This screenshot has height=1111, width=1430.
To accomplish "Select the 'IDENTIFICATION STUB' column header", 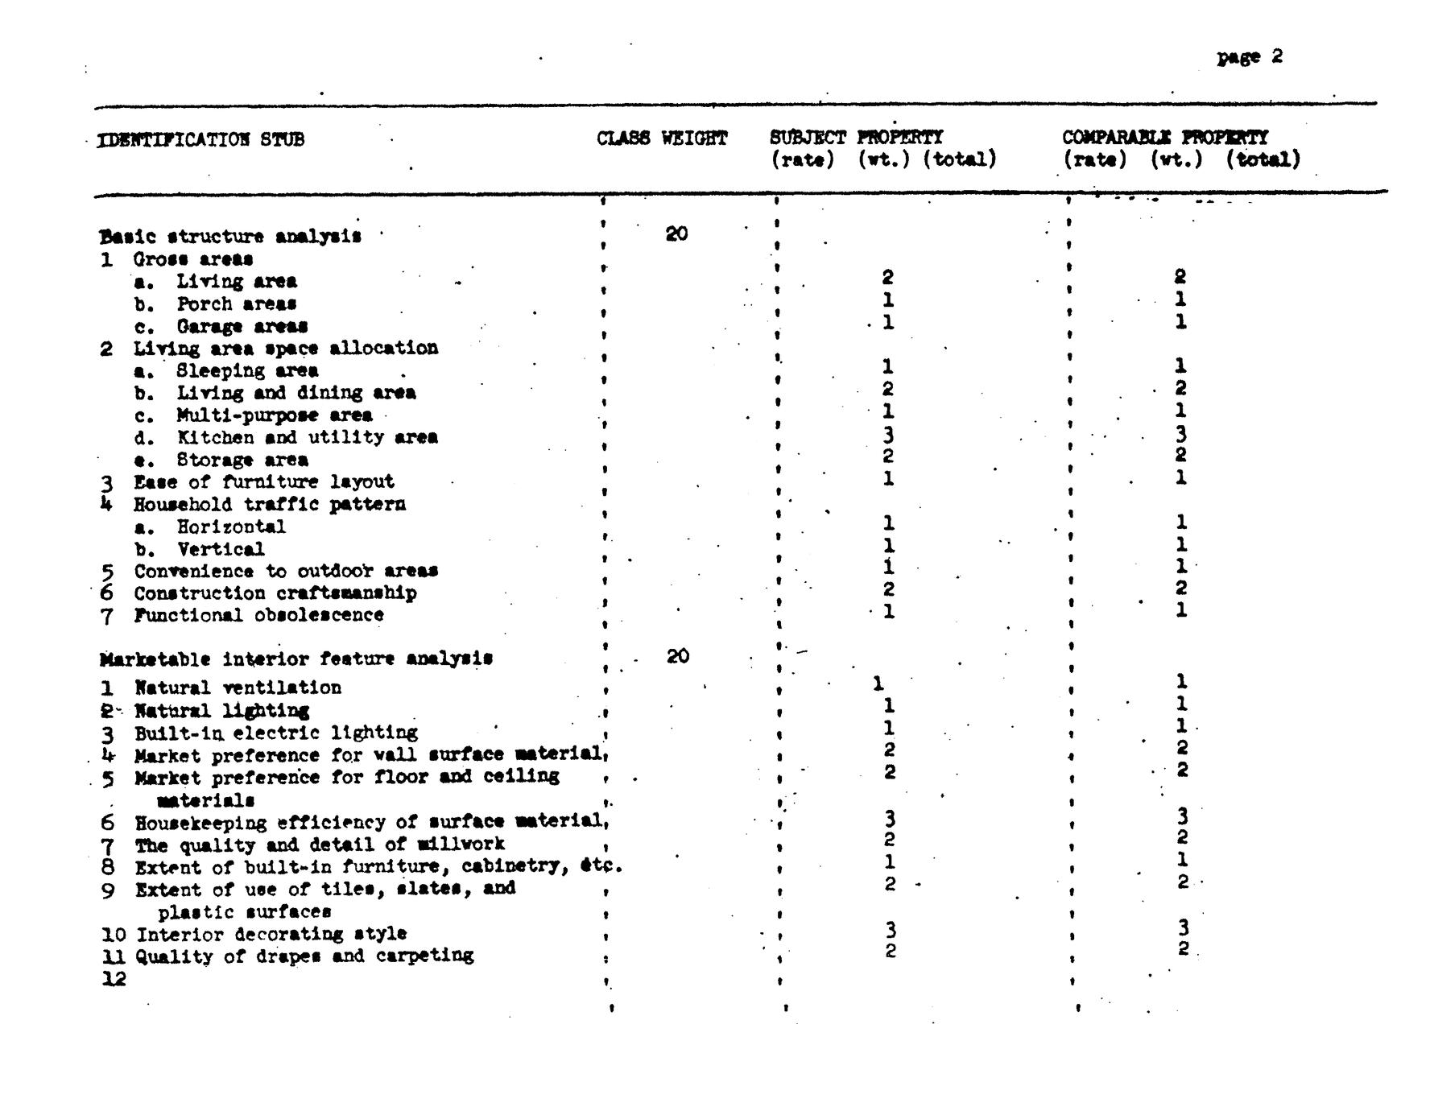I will (200, 139).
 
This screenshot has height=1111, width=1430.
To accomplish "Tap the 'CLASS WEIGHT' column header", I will (662, 138).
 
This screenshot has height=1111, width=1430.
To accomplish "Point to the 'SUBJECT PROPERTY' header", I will (856, 138).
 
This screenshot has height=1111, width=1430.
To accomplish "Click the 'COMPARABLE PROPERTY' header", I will (1164, 138).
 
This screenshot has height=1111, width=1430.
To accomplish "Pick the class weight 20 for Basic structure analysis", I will (676, 234).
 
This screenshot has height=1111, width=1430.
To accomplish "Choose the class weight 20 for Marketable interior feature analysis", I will (678, 656).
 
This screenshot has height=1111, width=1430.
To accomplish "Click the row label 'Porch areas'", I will (236, 304).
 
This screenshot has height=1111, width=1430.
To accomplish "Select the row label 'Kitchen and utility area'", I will (307, 437).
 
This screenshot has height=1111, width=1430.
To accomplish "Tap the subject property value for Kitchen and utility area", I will (888, 435).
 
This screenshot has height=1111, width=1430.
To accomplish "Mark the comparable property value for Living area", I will (1180, 277).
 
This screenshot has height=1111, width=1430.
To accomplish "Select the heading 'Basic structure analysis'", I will (230, 237).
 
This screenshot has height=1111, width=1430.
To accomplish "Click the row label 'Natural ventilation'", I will (238, 688).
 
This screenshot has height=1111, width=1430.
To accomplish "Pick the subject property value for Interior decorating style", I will (891, 930).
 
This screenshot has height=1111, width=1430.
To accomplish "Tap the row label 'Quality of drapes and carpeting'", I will (304, 956).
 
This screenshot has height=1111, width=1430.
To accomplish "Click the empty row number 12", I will (114, 979).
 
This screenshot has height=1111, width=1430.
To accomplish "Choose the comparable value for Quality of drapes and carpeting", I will (1182, 948).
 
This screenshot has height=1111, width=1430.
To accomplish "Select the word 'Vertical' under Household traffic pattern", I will (221, 549).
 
